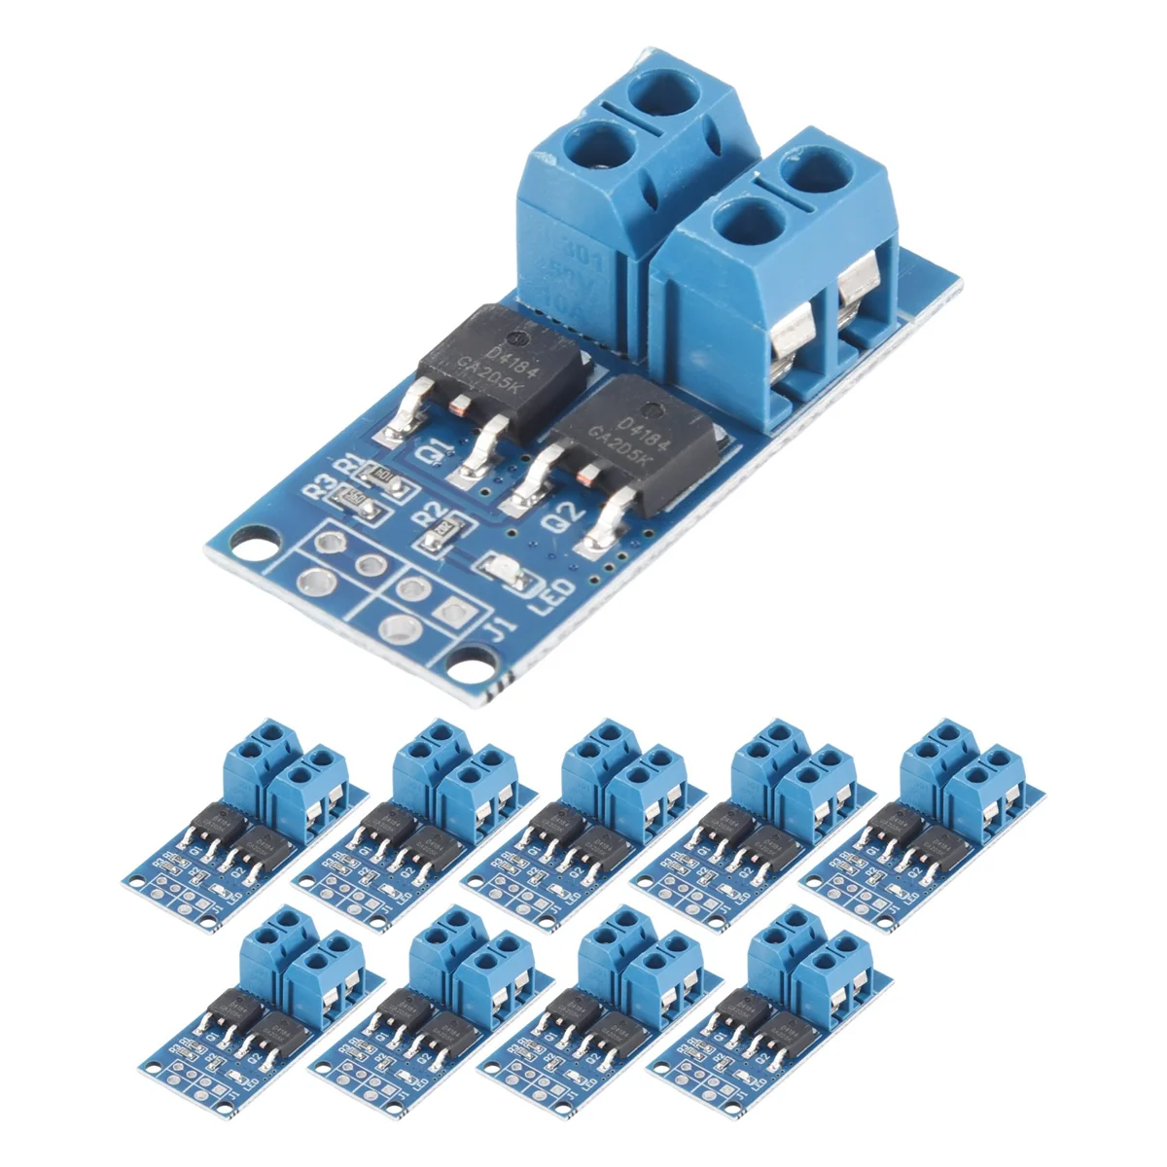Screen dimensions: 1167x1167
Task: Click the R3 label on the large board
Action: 318,483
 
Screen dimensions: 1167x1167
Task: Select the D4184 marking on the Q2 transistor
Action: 637,425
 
